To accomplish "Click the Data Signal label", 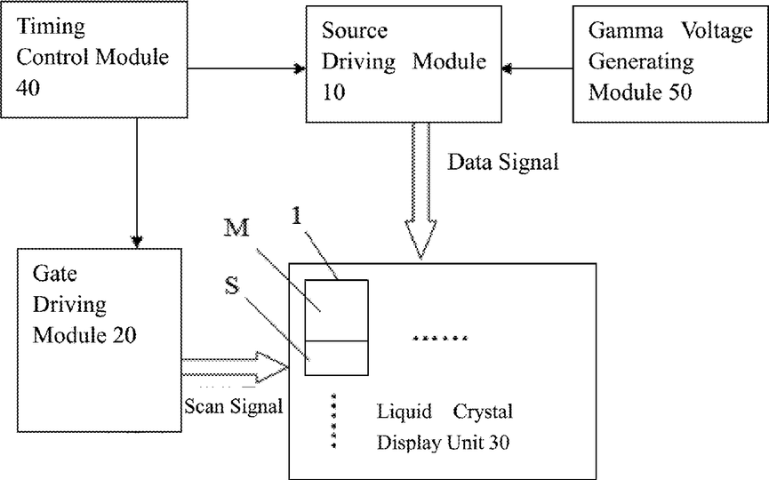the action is pos(502,163).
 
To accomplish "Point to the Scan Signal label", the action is pos(234,406).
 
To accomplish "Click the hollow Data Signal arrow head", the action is pos(421,239).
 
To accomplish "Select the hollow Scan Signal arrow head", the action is pos(272,367).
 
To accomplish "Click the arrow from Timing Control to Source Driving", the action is pos(246,68).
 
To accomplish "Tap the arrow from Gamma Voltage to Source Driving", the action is pos(538,68).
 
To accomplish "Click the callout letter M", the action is pos(236,228).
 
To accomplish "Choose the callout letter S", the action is pos(232,286).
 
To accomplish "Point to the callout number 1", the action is pos(296,216).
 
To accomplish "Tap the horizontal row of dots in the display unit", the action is pos(440,338).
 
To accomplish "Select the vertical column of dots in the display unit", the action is pos(333,420).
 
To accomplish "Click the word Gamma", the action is pos(626,31).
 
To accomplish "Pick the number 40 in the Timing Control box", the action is pos(28,88).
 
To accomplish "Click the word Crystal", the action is pos(483,412).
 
